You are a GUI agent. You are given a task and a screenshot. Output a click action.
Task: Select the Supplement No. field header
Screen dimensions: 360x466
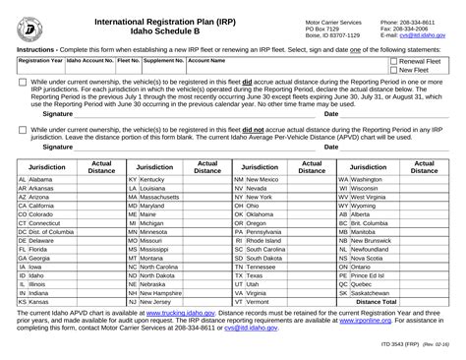click(x=164, y=60)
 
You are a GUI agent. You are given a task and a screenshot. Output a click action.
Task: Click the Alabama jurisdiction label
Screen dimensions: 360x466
click(x=40, y=181)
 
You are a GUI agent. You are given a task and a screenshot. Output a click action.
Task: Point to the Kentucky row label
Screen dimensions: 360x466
click(x=151, y=181)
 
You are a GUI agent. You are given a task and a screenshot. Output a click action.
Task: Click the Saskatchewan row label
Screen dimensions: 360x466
click(x=375, y=292)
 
